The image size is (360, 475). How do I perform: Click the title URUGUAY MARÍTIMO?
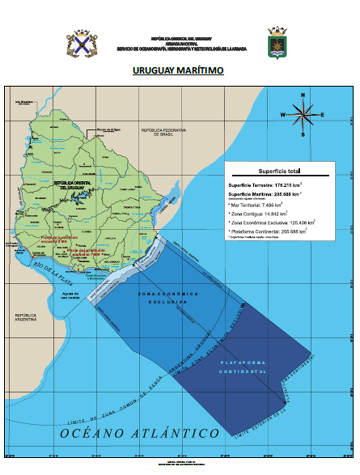[x=178, y=70]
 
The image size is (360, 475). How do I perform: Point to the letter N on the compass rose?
[x=303, y=95]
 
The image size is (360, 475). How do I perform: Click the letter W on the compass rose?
[x=283, y=114]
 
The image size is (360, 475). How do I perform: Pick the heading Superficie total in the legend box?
[x=279, y=171]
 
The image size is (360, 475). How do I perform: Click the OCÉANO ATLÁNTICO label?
[x=139, y=433]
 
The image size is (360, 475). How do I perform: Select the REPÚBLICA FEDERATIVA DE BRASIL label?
[x=164, y=131]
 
